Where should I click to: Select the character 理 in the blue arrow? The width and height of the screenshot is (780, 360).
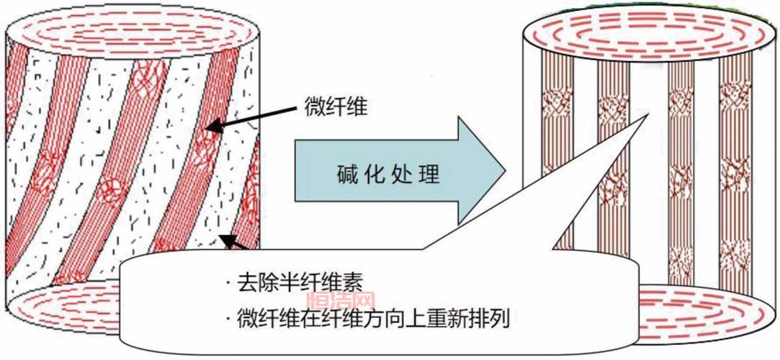coord(429,174)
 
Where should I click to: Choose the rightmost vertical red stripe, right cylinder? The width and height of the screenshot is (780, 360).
coord(735,158)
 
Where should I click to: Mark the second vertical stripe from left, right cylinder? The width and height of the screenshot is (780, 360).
coord(614,158)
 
